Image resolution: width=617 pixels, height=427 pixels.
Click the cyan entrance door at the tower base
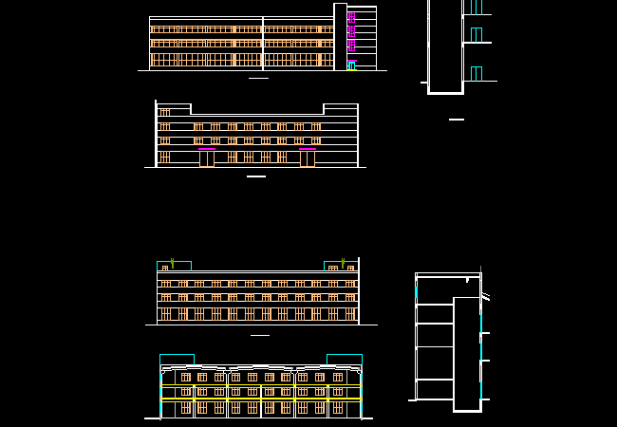pyautogui.click(x=351, y=66)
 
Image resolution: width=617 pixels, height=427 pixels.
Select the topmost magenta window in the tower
pyautogui.click(x=351, y=17)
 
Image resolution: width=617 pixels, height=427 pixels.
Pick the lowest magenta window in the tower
pyautogui.click(x=351, y=45)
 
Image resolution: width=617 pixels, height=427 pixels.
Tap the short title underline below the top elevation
pyautogui.click(x=258, y=78)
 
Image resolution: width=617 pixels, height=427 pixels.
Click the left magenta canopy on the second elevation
pyautogui.click(x=207, y=149)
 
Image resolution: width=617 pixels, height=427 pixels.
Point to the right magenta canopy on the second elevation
pyautogui.click(x=308, y=149)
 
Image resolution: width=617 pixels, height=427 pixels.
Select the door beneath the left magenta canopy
pyautogui.click(x=207, y=158)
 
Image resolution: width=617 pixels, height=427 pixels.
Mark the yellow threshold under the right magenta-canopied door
pyautogui.click(x=308, y=167)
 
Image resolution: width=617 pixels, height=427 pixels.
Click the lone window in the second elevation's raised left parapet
pyautogui.click(x=164, y=112)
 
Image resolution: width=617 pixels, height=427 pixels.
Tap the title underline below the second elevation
pyautogui.click(x=256, y=176)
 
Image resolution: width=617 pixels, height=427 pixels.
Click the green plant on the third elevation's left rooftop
pyautogui.click(x=172, y=263)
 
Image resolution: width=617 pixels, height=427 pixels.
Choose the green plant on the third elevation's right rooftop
pyautogui.click(x=343, y=263)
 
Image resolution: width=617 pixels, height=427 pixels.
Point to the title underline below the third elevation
pyautogui.click(x=259, y=335)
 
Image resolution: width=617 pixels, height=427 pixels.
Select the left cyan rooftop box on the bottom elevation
pyautogui.click(x=177, y=359)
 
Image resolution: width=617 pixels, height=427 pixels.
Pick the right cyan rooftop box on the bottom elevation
pyautogui.click(x=344, y=359)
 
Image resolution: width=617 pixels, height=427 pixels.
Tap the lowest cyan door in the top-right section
pyautogui.click(x=476, y=74)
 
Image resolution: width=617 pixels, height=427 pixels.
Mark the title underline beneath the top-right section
pyautogui.click(x=457, y=120)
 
